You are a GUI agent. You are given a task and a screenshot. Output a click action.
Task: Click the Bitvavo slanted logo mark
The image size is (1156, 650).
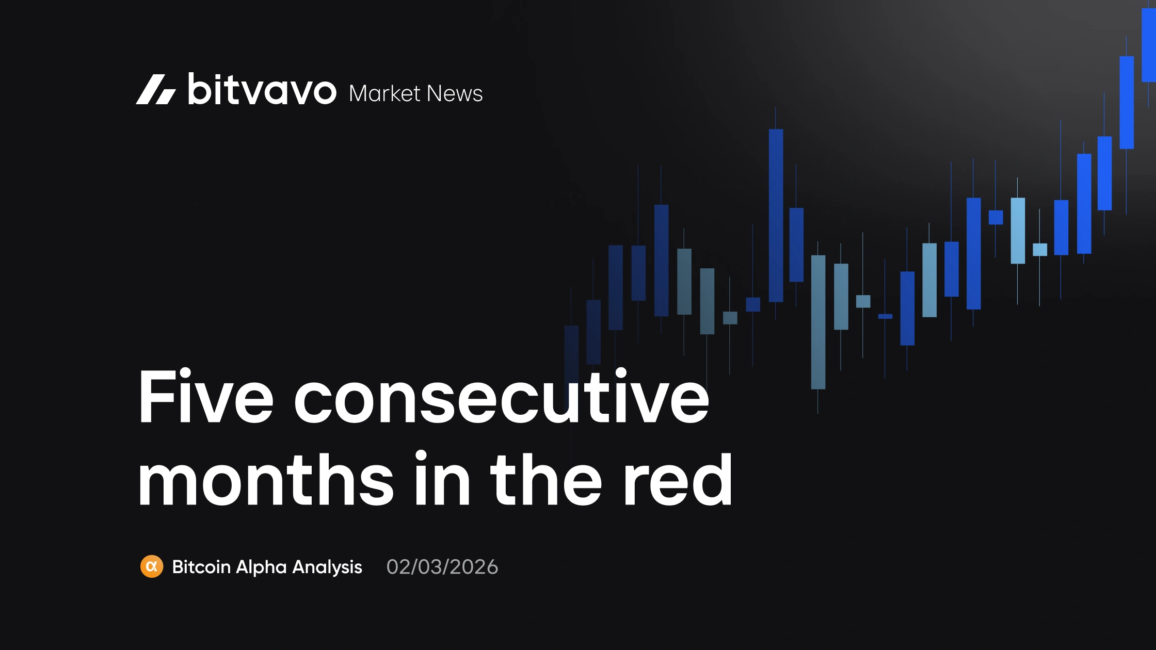pos(155,89)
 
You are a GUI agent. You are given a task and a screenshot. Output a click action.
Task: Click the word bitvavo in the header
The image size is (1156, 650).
pos(262,89)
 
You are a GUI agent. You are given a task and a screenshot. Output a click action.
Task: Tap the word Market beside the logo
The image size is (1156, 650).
pos(384,93)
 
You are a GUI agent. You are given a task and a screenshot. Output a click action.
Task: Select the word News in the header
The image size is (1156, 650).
pos(455,93)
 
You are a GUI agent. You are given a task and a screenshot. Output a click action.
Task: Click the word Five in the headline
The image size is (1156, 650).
pos(205,397)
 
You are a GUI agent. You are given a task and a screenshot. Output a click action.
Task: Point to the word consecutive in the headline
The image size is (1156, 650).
pos(501,397)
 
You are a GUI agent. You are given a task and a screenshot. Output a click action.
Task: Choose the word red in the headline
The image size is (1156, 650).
pos(678,479)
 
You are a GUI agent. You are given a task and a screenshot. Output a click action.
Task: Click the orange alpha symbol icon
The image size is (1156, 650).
pos(152,566)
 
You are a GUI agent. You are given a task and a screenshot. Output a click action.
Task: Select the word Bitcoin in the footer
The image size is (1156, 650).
pos(201,567)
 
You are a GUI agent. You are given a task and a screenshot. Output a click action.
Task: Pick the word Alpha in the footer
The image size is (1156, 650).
pos(261,567)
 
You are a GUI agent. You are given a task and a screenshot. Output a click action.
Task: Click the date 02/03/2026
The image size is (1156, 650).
pos(442,567)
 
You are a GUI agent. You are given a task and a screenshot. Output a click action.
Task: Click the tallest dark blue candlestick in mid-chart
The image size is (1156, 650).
pos(776,215)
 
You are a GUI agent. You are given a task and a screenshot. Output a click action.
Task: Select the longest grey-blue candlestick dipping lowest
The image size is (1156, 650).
pos(818,322)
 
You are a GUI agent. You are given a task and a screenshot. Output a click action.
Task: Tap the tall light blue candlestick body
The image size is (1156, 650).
pos(1018,231)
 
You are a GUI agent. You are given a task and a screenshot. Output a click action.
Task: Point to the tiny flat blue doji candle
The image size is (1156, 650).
pos(885,316)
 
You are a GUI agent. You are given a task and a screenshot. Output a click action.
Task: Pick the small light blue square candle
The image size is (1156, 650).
pos(1040,250)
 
